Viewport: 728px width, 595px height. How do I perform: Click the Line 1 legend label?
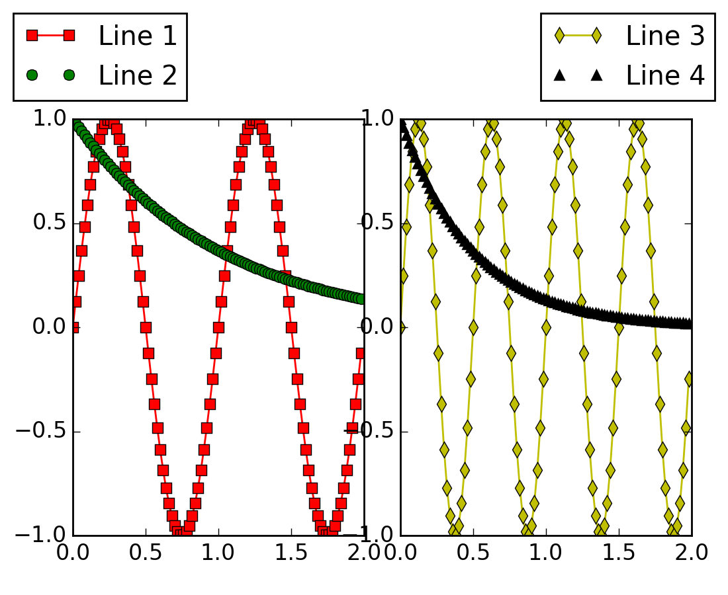point(138,36)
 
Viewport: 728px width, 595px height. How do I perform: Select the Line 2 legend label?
point(138,75)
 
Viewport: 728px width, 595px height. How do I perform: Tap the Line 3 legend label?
point(665,36)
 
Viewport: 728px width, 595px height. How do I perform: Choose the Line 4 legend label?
point(665,75)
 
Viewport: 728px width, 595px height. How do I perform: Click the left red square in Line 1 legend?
point(32,35)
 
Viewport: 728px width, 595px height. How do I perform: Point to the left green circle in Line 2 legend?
point(32,75)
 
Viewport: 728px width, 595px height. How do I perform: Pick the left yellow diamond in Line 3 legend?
point(559,36)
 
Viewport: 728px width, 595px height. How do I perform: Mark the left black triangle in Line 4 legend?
point(559,75)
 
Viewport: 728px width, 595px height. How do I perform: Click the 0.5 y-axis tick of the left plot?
point(50,223)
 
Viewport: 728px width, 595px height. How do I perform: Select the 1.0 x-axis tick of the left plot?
point(218,552)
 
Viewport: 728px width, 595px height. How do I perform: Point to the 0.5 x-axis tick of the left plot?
point(146,552)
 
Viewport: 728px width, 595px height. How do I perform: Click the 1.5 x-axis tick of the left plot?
point(291,552)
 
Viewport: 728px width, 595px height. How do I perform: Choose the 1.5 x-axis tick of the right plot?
point(619,552)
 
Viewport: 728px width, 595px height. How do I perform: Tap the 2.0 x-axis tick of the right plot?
point(692,552)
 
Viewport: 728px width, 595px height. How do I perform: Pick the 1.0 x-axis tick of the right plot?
point(547,552)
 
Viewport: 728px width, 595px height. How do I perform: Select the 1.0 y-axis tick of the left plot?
point(50,119)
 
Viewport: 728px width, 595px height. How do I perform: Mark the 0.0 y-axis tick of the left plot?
point(50,327)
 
